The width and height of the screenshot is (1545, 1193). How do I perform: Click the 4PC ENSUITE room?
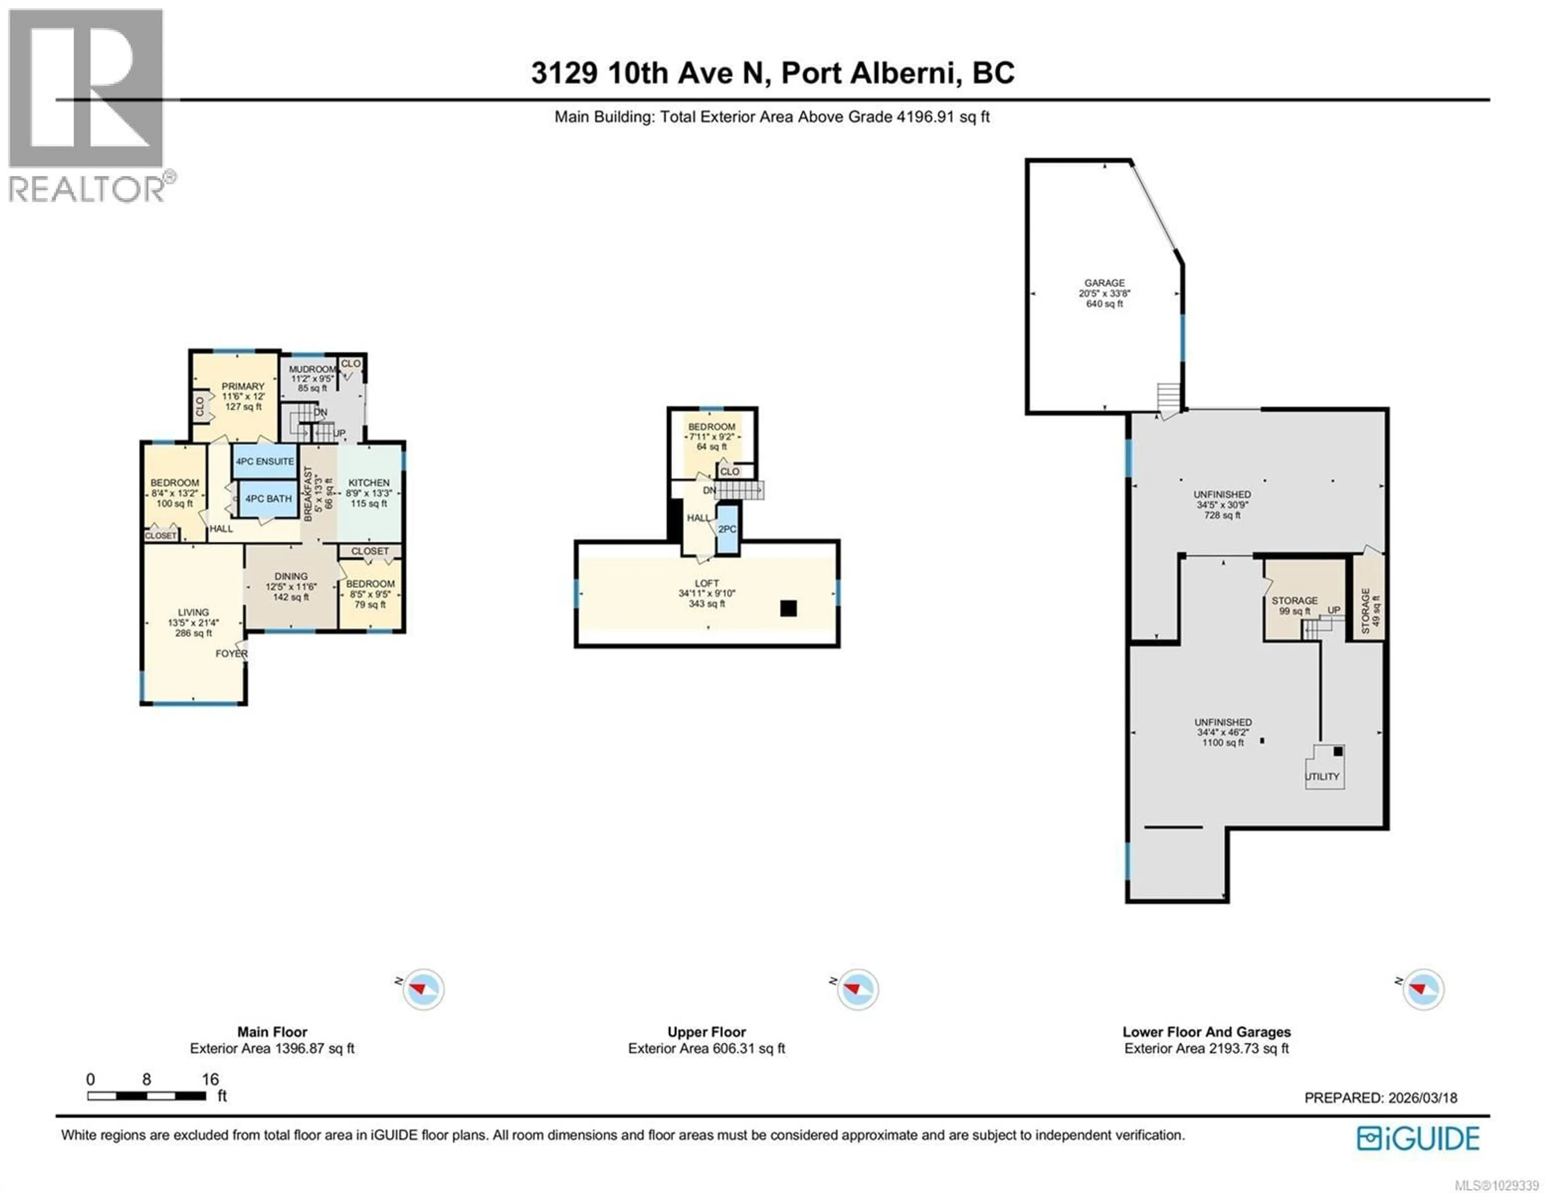[x=265, y=461]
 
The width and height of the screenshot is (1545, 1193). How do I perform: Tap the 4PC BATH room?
[x=268, y=499]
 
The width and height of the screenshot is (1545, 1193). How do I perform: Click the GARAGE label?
[x=1104, y=283]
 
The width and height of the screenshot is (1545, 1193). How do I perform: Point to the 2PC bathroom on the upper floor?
[x=727, y=529]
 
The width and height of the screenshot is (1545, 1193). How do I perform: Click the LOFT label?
[x=707, y=583]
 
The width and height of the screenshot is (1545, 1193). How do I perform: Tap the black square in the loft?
[x=788, y=608]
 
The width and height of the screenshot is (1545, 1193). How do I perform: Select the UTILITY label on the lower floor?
[x=1322, y=776]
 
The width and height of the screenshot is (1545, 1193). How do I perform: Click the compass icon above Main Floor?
[x=423, y=989]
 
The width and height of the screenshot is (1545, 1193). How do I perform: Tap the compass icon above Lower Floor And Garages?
[x=1423, y=989]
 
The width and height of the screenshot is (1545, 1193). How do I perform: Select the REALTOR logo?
[x=87, y=106]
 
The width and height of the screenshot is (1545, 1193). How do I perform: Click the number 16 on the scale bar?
[x=210, y=1079]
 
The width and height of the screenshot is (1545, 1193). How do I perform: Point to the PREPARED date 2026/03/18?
[x=1422, y=1098]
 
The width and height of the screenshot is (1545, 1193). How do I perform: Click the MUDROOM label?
[x=311, y=369]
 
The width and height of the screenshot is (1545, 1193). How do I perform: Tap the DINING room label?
[x=291, y=576]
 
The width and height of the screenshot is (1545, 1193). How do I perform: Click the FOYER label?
[x=231, y=653]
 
